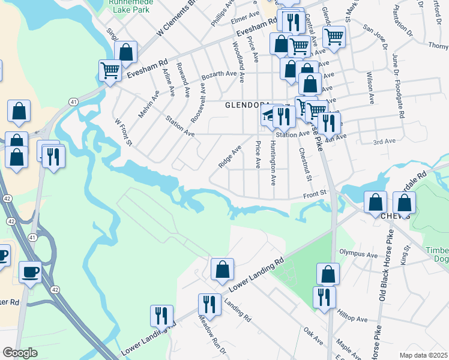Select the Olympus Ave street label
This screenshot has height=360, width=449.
point(358,254)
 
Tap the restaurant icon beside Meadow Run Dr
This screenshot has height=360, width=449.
point(209,304)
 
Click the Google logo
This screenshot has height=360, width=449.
point(20,353)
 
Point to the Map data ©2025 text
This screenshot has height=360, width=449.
point(423,355)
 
